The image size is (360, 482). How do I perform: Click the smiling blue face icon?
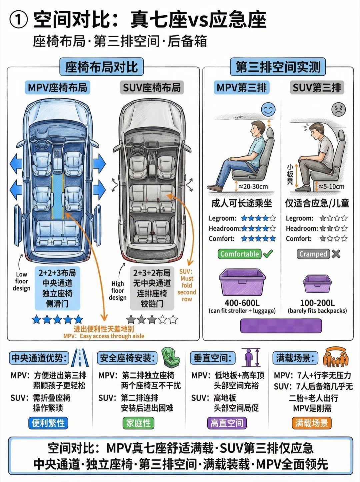click(x=268, y=109)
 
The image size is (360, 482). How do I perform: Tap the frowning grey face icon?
click(x=338, y=109)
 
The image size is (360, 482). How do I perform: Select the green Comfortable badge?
click(x=240, y=254)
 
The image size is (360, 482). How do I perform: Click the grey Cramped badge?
click(x=313, y=254)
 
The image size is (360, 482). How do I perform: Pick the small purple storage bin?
click(x=317, y=284)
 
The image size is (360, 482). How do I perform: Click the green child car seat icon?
click(x=170, y=357)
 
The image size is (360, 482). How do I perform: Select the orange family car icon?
click(x=336, y=357)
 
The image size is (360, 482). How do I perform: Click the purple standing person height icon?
click(x=251, y=357)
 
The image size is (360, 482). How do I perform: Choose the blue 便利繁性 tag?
click(x=48, y=423)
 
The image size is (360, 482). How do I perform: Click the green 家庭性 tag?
click(x=138, y=423)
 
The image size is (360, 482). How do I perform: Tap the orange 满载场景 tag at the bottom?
click(x=312, y=423)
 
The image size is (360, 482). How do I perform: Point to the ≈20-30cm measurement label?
click(x=253, y=187)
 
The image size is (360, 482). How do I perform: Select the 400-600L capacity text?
click(x=242, y=303)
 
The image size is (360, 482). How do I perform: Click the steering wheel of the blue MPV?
click(x=41, y=145)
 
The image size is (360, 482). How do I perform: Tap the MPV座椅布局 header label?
click(x=58, y=88)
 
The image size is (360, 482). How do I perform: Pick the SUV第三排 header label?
click(x=317, y=88)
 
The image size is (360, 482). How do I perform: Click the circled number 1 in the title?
click(x=19, y=21)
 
